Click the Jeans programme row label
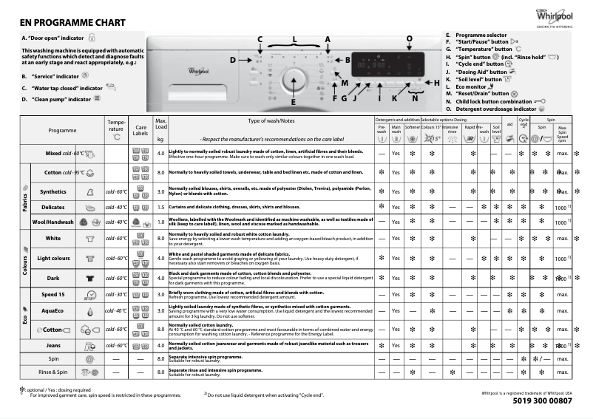pyautogui.click(x=53, y=345)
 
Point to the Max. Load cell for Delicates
pyautogui.click(x=160, y=207)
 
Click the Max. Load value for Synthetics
pyautogui.click(x=160, y=191)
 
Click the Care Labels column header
pyautogui.click(x=140, y=131)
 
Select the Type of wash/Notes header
pyautogui.click(x=271, y=120)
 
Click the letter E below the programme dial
pyautogui.click(x=293, y=102)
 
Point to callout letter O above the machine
pyautogui.click(x=410, y=38)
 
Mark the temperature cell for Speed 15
pyautogui.click(x=117, y=294)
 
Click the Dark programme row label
pyautogui.click(x=53, y=278)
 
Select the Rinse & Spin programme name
pyautogui.click(x=53, y=372)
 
